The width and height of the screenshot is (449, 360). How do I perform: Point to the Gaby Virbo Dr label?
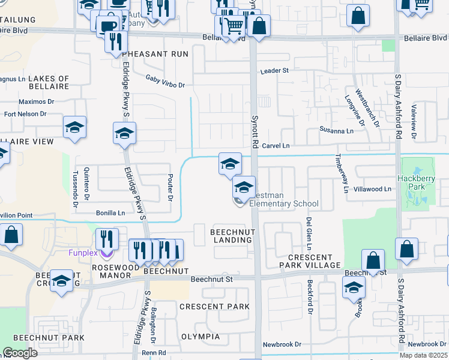[165, 81]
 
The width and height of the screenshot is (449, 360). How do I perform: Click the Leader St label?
[274, 71]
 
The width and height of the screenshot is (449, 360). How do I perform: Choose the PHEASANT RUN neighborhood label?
[145, 54]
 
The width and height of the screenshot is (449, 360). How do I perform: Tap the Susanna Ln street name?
[336, 130]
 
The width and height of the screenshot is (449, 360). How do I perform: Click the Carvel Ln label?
[276, 146]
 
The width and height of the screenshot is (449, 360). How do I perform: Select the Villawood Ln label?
[372, 189]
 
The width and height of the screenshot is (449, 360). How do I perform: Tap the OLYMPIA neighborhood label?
[200, 337]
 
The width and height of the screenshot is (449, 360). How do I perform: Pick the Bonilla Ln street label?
[110, 213]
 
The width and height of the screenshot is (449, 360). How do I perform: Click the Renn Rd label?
[154, 353]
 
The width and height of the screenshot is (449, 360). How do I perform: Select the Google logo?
[20, 353]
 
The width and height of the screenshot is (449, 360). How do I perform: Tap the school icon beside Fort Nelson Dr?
[74, 128]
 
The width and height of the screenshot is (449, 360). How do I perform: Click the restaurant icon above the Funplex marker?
[107, 238]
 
